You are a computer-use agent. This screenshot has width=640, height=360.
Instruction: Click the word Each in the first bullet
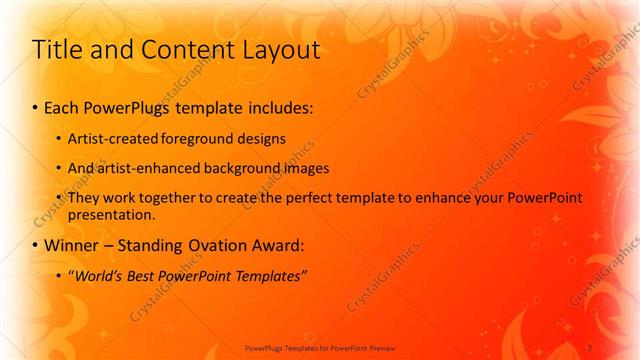(x=63, y=106)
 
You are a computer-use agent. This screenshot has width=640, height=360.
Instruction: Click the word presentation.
(x=111, y=214)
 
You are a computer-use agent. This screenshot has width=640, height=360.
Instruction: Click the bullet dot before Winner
(x=36, y=245)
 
